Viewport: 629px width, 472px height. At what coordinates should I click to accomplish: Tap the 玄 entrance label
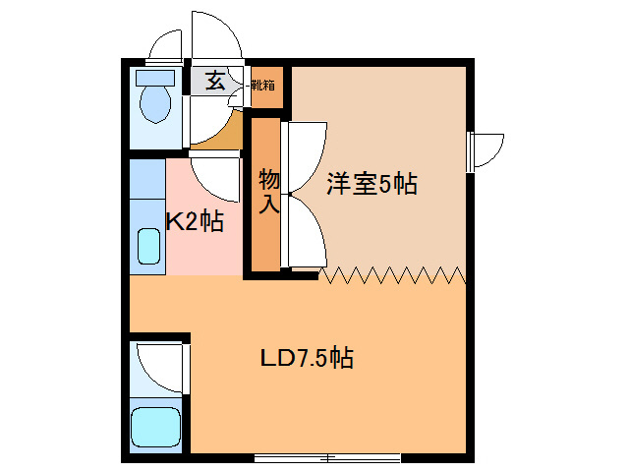(x=215, y=81)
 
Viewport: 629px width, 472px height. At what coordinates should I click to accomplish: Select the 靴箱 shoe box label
(x=262, y=85)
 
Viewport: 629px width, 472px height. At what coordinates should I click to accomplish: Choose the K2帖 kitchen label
(x=195, y=222)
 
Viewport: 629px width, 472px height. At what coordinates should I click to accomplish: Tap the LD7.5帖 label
(x=307, y=357)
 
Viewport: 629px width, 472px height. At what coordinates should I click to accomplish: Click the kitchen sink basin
(x=148, y=246)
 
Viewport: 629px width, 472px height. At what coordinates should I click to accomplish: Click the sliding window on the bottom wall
(x=327, y=457)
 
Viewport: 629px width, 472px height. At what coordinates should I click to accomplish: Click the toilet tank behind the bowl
(x=152, y=76)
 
